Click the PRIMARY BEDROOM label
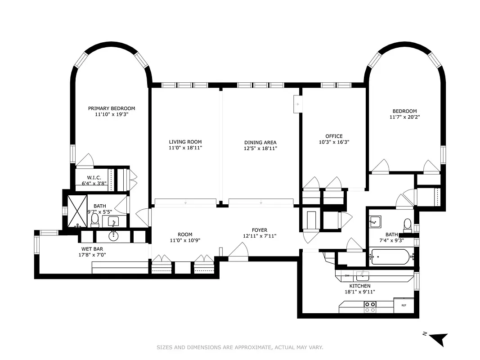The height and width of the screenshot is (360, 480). pos(111,108)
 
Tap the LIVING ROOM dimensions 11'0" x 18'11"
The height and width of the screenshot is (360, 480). pos(185,148)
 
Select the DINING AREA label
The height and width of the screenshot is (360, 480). pos(260,142)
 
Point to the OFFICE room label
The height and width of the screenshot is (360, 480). pos(334,136)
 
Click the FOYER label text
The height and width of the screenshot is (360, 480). pos(260,230)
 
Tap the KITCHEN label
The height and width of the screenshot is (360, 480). pos(360,286)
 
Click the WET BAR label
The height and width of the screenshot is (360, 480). pos(94,249)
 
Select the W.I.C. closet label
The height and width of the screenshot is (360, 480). pos(94,177)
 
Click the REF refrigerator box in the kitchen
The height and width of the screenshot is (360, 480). pos(404,305)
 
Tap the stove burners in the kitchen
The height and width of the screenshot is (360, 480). pos(370,307)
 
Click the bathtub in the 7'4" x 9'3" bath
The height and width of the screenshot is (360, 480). pos(390,258)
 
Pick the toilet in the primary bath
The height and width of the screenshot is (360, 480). pos(95,220)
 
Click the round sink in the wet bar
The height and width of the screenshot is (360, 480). pos(113,235)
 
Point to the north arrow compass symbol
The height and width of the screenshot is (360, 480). pos(439,338)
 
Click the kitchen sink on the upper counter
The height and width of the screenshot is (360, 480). pos(362,275)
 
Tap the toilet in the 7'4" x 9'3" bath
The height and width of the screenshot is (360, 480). pos(407,224)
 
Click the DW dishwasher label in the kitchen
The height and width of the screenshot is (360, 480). pos(347,275)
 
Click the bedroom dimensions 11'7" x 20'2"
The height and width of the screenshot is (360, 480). pos(404,117)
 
